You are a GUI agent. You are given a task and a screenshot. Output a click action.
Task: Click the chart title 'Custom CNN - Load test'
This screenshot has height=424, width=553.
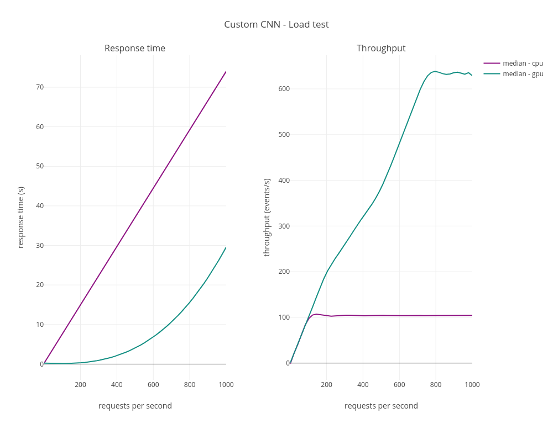pos(276,24)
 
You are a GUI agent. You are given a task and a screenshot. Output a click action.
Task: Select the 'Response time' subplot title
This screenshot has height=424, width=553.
pos(135,49)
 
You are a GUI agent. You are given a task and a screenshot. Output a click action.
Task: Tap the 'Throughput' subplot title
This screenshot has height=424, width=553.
pos(381,49)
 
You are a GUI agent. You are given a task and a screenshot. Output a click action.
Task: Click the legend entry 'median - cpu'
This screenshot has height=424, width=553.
pos(523,63)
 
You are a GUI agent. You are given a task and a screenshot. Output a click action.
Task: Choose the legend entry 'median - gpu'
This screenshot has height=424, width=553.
pos(523,74)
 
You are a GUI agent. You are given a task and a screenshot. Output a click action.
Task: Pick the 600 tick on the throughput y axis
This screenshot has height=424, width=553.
pos(284,89)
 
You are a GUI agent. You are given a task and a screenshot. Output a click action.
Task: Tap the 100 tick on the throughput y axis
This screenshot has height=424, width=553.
pos(284,317)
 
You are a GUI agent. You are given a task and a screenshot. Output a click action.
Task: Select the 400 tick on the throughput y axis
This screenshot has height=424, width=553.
pos(284,181)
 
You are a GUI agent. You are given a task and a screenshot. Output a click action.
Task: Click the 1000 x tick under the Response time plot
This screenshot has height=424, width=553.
pos(226,385)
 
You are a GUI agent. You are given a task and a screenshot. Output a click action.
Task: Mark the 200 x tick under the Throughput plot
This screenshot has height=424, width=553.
pos(327,385)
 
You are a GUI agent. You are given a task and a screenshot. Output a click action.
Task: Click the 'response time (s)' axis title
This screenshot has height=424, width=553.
pos(21,217)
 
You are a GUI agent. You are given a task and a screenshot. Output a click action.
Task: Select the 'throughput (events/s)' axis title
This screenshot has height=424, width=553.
pos(267,217)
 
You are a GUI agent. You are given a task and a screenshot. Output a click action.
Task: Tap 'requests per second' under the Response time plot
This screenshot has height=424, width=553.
pos(135,406)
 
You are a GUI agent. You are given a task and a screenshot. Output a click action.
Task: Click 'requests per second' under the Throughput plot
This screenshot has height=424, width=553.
pos(381,406)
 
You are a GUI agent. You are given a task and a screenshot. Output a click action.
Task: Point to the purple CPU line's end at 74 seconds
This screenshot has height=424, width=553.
pos(226,72)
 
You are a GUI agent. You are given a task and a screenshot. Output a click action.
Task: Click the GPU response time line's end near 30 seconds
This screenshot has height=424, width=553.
pos(226,247)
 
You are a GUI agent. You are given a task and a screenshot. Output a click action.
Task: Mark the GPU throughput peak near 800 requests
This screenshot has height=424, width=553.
pos(435,71)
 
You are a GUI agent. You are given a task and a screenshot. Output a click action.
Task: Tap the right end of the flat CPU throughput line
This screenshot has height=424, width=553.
pos(472,315)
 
